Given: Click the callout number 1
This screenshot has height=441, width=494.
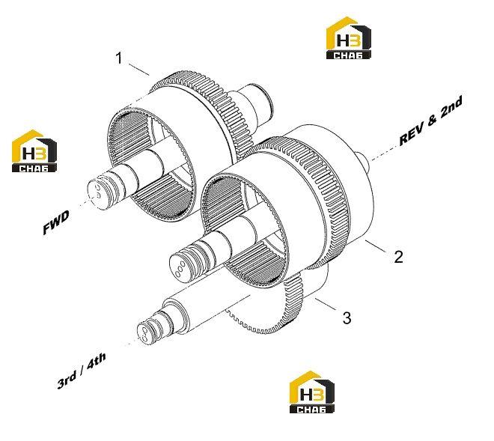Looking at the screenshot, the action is click(119, 58).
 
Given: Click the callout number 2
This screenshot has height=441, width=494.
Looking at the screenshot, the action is click(398, 257).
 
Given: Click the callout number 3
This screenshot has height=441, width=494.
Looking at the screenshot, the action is click(347, 317).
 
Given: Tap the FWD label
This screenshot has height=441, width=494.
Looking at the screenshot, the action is click(56, 222).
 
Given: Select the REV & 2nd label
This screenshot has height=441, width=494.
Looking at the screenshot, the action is click(430, 121).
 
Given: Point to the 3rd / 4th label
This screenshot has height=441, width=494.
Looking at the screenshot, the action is click(82, 371).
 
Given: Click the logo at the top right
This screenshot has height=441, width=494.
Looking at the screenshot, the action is click(348, 38).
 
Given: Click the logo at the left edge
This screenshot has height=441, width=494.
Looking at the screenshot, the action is click(34, 151).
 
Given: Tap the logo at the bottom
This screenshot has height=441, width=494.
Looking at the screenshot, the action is click(312, 392).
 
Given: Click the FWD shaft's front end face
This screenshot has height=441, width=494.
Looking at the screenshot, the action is click(96, 195).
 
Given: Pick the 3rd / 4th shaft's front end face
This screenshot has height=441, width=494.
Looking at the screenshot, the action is click(144, 335).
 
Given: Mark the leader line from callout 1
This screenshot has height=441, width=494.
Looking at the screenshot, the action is click(138, 70).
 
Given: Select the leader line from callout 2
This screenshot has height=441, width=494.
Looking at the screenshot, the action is click(376, 246).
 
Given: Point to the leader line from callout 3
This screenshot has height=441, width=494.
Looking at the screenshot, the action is click(325, 303).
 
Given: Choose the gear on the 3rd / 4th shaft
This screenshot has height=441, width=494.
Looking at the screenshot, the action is click(284, 312).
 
